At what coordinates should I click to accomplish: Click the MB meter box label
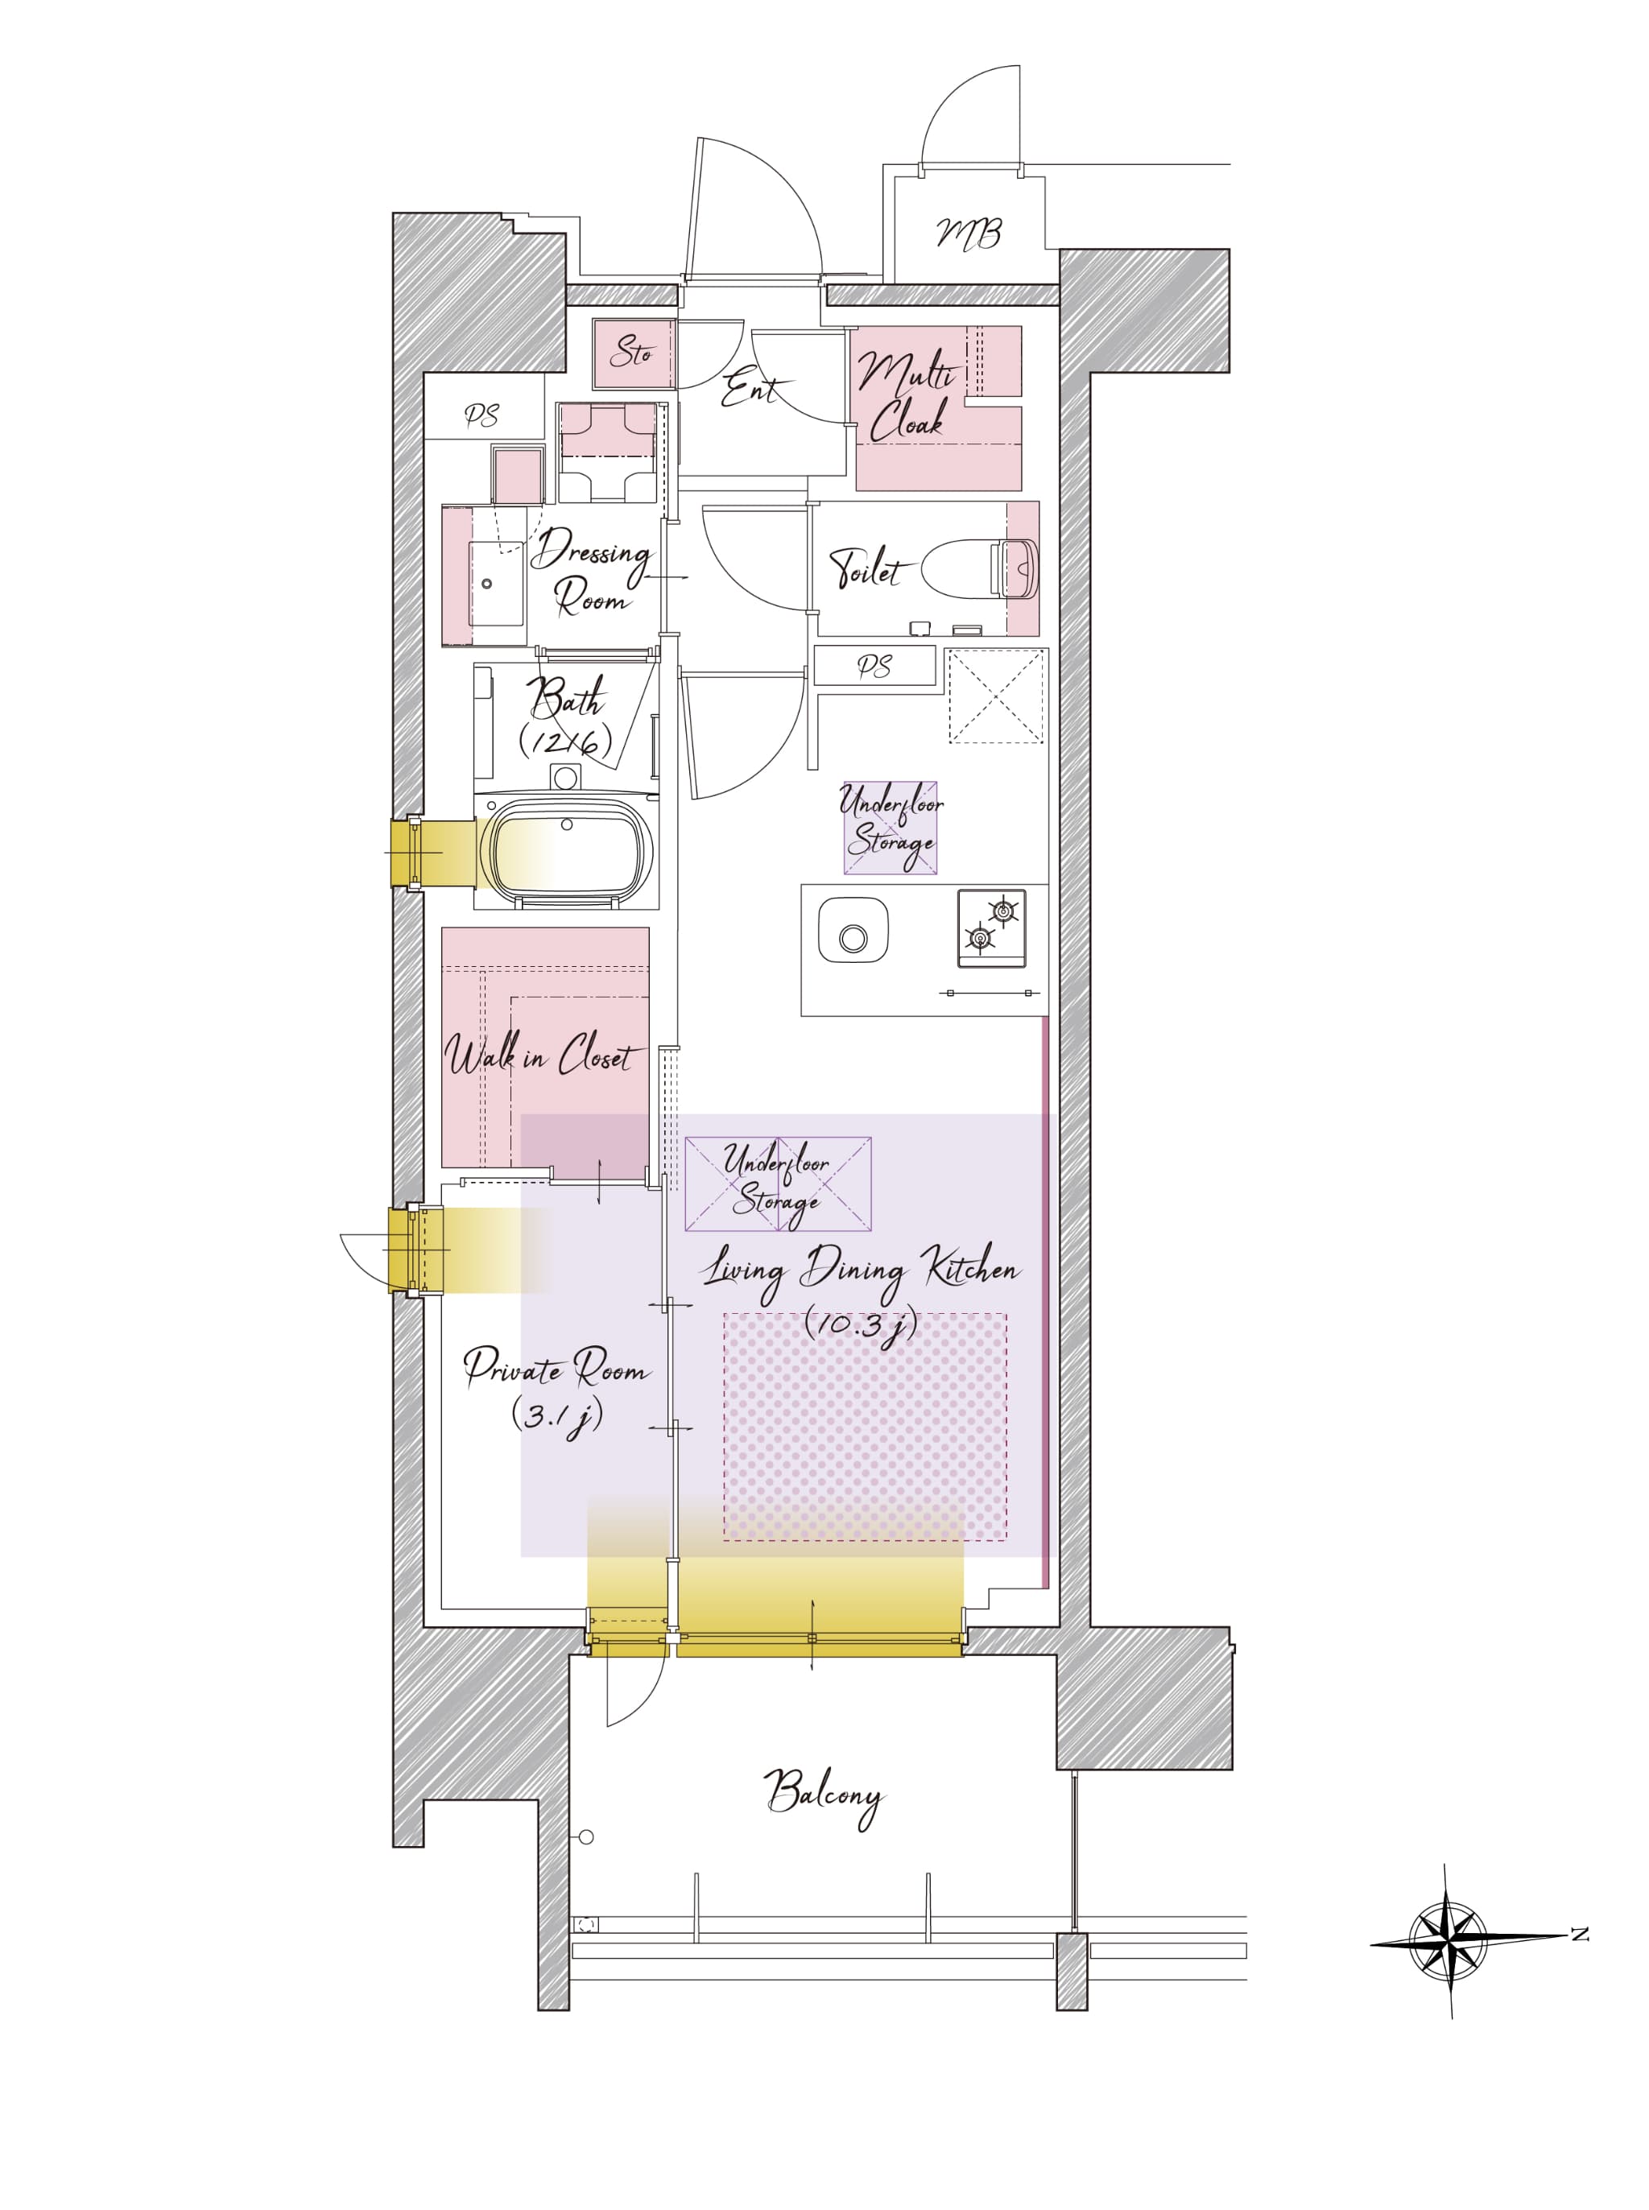tap(969, 234)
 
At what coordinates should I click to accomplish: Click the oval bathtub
tap(567, 849)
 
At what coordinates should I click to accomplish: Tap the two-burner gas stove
tap(991, 928)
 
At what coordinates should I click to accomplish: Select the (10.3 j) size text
tap(861, 1324)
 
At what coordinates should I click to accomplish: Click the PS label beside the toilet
tap(874, 667)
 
